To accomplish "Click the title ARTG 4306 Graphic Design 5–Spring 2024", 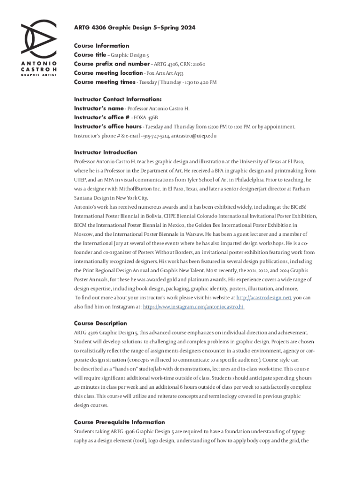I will click(135, 28).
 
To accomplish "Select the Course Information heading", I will click(101, 46).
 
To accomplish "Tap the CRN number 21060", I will click(197, 64).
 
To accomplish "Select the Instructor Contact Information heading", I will click(118, 100).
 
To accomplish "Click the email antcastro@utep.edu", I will click(194, 136).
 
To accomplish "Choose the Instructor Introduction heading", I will click(106, 152).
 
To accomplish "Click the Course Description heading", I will click(101, 324).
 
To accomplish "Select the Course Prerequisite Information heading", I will click(119, 422).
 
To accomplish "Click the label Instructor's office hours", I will click(108, 127).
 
